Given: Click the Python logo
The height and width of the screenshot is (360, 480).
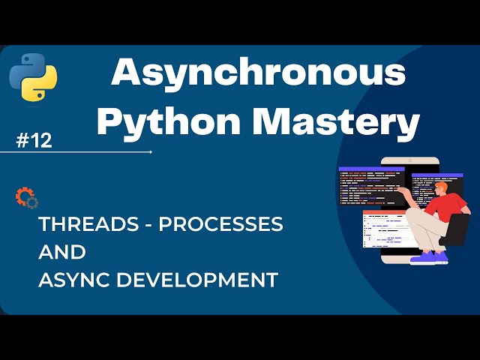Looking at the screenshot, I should [x=34, y=77].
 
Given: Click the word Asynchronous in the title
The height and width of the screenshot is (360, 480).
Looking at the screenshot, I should [x=259, y=74].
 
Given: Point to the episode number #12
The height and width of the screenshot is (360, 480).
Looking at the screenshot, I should [x=34, y=140].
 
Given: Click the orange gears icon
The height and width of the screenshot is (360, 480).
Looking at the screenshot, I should [x=25, y=198].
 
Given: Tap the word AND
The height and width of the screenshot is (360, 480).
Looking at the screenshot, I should [x=62, y=251].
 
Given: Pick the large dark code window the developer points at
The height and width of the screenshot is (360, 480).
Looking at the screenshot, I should [x=371, y=187].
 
